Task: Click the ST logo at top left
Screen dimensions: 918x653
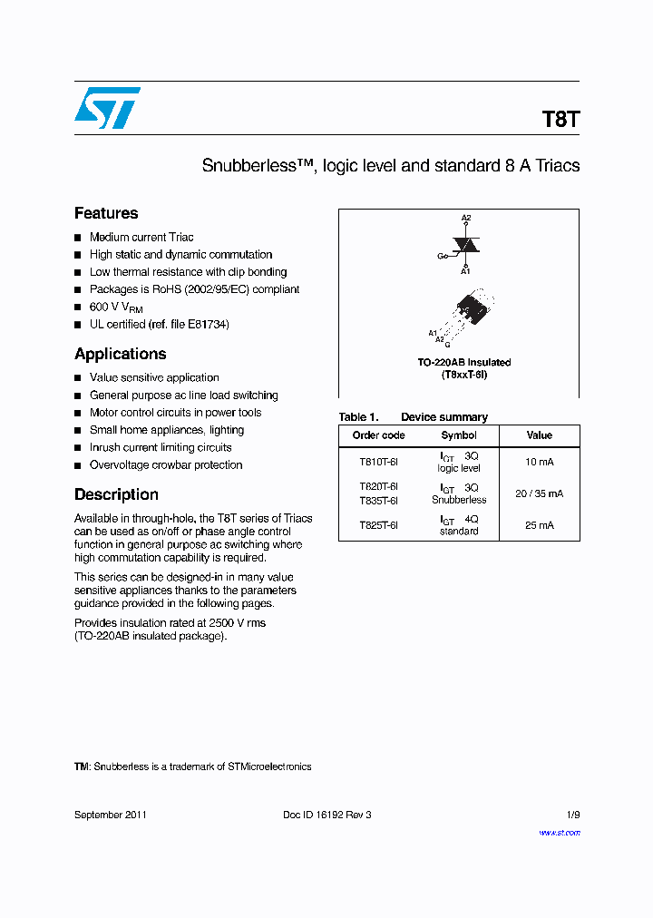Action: (107, 108)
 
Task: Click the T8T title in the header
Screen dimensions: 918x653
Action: (560, 120)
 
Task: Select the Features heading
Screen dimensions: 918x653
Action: (106, 213)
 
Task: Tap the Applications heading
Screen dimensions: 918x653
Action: (120, 354)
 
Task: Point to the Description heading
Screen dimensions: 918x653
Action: (116, 494)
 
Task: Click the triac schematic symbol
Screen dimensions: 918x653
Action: (465, 245)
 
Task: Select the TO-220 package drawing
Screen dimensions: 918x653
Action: (470, 313)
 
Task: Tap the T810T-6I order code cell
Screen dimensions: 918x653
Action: (378, 462)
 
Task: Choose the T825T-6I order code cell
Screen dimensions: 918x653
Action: (378, 525)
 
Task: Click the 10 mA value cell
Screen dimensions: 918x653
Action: (539, 462)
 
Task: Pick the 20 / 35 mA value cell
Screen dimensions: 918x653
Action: (539, 493)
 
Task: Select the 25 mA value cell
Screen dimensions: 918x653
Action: (539, 525)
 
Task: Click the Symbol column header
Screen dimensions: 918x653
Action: (459, 435)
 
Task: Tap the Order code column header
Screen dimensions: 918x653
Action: (378, 435)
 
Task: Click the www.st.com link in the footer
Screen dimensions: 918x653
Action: (559, 832)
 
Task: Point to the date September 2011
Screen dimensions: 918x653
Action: (110, 815)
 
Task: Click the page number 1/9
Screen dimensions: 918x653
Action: (571, 815)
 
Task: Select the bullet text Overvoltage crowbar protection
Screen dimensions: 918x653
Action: (166, 464)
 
